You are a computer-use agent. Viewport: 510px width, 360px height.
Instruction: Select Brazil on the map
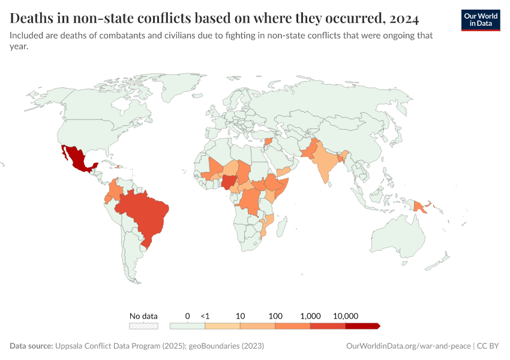click(147, 213)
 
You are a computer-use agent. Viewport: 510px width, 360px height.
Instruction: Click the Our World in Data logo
click(481, 20)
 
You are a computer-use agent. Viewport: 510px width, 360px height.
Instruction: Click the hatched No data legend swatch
click(144, 326)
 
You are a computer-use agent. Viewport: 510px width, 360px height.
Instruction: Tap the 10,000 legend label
click(346, 316)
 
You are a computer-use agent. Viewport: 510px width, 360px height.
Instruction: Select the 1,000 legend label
click(311, 316)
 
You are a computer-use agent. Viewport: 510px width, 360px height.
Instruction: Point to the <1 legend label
click(205, 316)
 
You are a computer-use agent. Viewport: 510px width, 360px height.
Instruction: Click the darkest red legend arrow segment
click(363, 326)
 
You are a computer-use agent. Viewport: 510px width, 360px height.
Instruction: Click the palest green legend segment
click(187, 326)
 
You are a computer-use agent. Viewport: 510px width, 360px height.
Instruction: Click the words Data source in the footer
click(31, 346)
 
